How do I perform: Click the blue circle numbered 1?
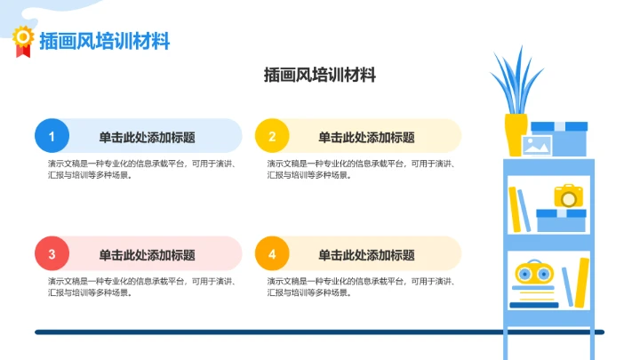click(52, 136)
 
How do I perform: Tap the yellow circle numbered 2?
click(272, 136)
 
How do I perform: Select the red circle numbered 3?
click(52, 254)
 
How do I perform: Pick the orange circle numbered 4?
click(272, 254)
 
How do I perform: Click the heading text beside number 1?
click(147, 137)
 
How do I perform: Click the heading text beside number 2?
click(366, 137)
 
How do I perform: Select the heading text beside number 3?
click(147, 255)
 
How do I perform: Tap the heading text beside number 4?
click(366, 255)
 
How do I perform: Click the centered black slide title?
click(320, 76)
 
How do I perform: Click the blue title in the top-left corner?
click(104, 41)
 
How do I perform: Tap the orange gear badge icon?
click(22, 38)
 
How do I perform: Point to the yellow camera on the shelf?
click(566, 196)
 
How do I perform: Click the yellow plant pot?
click(516, 134)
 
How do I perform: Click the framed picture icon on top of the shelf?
click(538, 145)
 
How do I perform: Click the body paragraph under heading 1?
click(141, 169)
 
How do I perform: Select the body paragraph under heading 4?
click(361, 286)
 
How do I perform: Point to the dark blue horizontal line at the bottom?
click(267, 332)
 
